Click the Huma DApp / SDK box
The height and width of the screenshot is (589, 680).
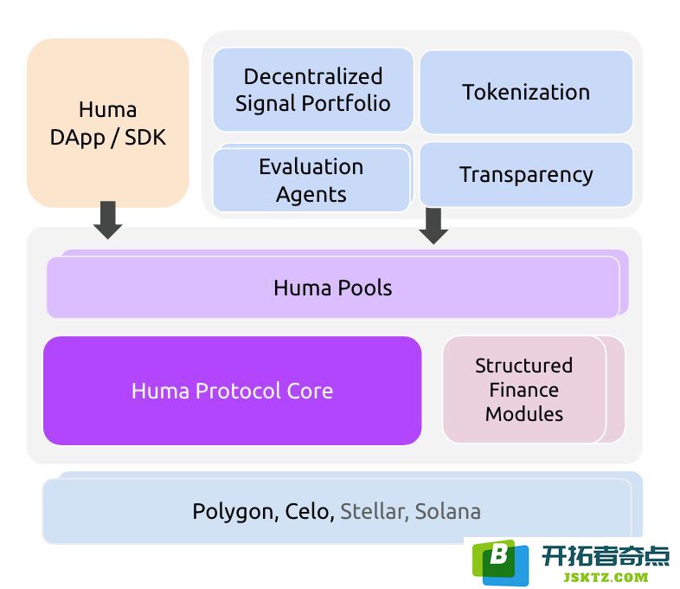[x=107, y=123]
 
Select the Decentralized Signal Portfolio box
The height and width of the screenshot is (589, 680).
[x=312, y=89]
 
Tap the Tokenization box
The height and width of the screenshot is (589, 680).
[x=526, y=92]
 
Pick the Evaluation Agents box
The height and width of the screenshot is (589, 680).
[x=311, y=179]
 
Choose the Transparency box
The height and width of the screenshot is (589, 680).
[x=526, y=174]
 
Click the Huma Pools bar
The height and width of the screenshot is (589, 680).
[x=333, y=288]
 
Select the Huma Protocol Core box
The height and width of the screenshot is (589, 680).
[x=233, y=391]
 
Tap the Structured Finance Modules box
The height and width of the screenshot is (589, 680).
[x=524, y=389]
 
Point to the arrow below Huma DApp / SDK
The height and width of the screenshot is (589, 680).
[x=108, y=220]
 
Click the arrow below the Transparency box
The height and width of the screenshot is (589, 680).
[x=433, y=226]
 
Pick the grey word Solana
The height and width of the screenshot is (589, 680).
[x=448, y=511]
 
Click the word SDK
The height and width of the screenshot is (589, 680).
[x=145, y=138]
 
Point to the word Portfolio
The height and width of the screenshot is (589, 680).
[x=346, y=103]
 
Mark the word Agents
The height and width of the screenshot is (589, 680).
[x=311, y=194]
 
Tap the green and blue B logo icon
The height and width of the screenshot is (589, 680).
[x=500, y=562]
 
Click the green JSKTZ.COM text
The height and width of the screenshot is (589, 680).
[x=606, y=577]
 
